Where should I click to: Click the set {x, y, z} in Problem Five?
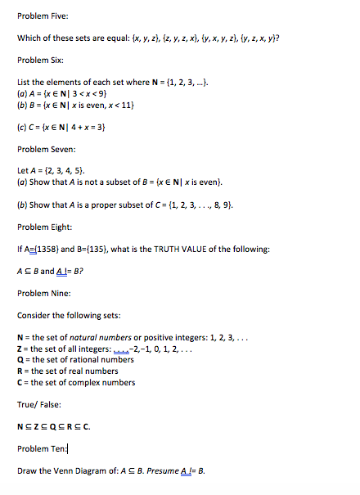pos(137,38)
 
